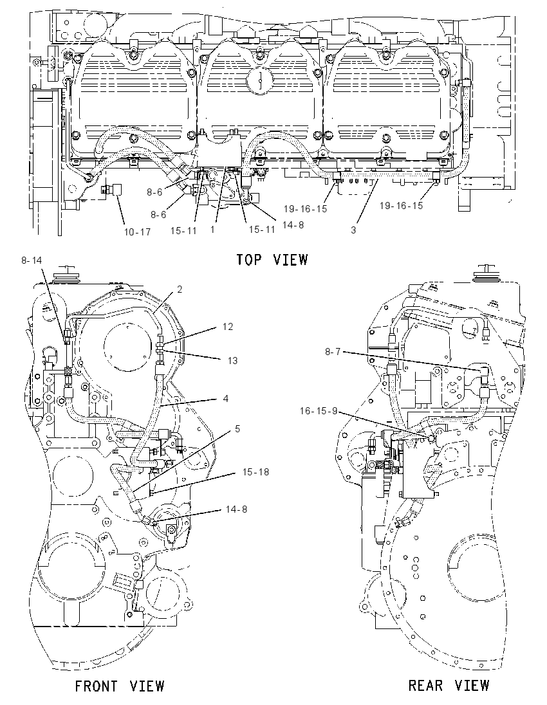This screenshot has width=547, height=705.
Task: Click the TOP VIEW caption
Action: [x=272, y=259]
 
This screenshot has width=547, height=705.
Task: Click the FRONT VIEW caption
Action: [x=120, y=686]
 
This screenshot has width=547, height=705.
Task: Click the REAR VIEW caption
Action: [x=449, y=685]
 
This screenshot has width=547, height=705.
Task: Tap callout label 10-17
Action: [x=137, y=232]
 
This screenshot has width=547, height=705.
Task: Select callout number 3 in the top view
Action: [x=353, y=230]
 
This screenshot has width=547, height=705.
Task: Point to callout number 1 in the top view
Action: [x=212, y=229]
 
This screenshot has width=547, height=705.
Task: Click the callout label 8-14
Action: [x=32, y=261]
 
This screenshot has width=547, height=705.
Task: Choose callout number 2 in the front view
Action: [x=180, y=289]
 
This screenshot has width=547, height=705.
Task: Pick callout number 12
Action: [x=228, y=326]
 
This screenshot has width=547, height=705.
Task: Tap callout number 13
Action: [x=232, y=361]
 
